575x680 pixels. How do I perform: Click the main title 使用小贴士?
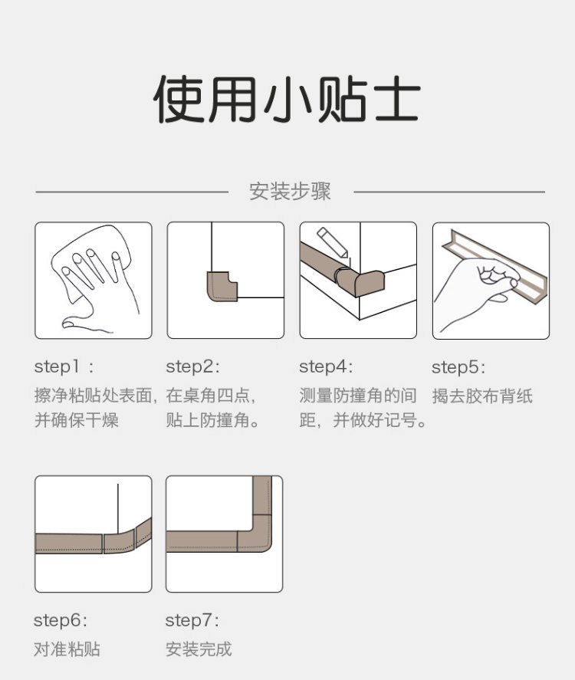pyautogui.click(x=287, y=100)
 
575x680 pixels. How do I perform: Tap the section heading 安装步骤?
pyautogui.click(x=290, y=191)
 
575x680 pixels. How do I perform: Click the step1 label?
pyautogui.click(x=64, y=367)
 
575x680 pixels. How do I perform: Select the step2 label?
pyautogui.click(x=193, y=367)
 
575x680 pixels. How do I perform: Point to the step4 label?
pyautogui.click(x=326, y=367)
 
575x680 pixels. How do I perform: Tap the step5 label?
pyautogui.click(x=458, y=368)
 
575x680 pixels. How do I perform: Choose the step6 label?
pyautogui.click(x=61, y=621)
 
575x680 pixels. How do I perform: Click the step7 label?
pyautogui.click(x=192, y=621)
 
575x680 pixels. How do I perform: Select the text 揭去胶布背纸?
pyautogui.click(x=482, y=396)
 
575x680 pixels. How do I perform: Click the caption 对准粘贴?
pyautogui.click(x=67, y=649)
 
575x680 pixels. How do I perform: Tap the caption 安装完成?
pyautogui.click(x=199, y=649)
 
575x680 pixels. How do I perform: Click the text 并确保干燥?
pyautogui.click(x=77, y=420)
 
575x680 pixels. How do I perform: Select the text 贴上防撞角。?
pyautogui.click(x=212, y=420)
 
